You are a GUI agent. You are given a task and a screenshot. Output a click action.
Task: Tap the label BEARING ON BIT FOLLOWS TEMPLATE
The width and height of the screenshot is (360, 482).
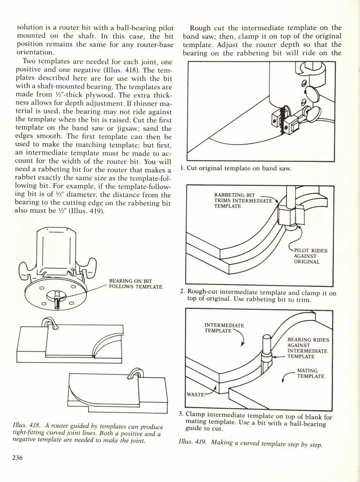[136, 284]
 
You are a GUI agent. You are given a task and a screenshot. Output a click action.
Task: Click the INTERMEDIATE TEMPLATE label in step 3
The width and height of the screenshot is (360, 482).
[224, 328]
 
